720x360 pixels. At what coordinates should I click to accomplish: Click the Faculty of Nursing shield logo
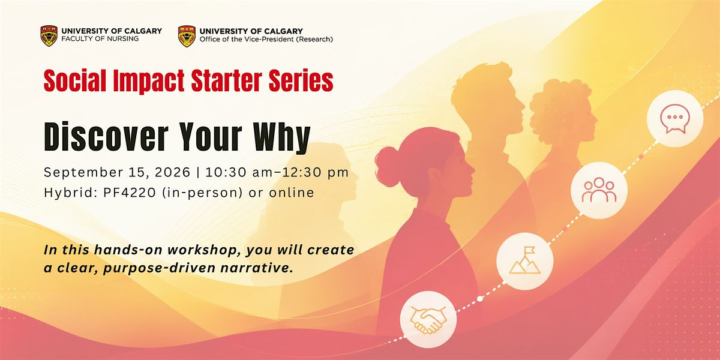(49, 35)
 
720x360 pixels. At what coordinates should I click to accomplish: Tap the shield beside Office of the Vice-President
(187, 36)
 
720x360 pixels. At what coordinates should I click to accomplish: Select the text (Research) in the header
(315, 40)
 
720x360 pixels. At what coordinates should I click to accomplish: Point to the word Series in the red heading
(301, 80)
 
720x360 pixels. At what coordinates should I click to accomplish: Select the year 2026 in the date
(172, 172)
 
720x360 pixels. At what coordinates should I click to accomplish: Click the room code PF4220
(129, 193)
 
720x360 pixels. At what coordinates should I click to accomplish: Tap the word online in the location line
(291, 193)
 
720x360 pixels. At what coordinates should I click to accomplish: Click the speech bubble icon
(674, 119)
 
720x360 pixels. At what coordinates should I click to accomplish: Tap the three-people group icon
(599, 190)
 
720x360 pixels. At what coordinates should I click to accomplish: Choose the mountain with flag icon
(524, 261)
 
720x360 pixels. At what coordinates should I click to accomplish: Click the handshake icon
(428, 319)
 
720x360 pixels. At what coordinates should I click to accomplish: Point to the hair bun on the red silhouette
(388, 167)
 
